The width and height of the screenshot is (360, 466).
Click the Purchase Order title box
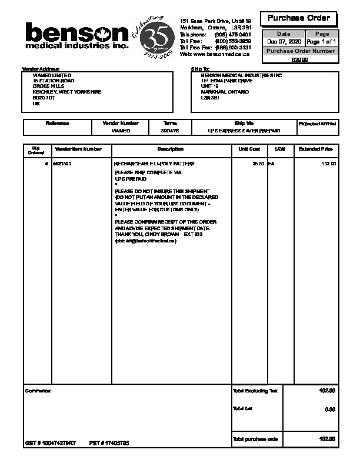point(299,18)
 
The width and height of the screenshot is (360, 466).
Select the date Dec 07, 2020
point(284,42)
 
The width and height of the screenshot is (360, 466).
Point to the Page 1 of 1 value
point(322,42)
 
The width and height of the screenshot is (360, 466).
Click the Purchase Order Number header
point(300,51)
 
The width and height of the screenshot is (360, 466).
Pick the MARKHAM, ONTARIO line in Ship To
point(225,92)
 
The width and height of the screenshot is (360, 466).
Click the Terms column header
point(170,123)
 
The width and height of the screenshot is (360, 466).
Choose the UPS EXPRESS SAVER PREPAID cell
point(244,130)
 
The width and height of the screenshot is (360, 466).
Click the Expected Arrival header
point(318,124)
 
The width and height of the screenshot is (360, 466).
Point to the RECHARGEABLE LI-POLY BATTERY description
point(154,163)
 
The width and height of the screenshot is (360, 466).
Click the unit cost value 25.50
point(258,163)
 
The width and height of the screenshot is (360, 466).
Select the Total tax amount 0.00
point(329,409)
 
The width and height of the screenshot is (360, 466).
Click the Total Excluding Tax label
point(255,391)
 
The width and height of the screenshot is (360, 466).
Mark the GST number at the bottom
point(51,442)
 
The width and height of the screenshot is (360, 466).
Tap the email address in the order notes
point(145,241)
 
